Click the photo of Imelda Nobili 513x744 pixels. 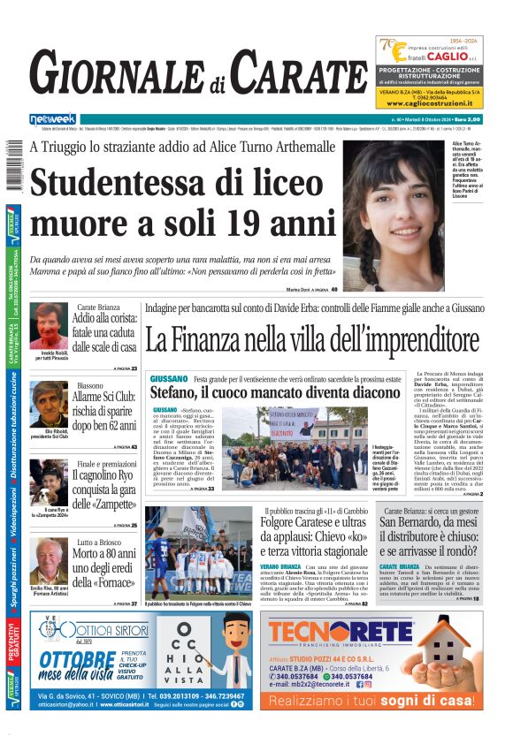tap(49, 325)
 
